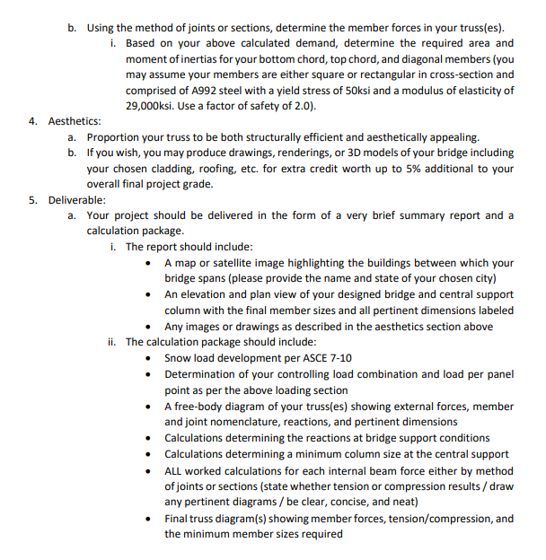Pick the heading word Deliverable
(77, 199)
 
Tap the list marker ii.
(112, 342)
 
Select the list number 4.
(32, 121)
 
